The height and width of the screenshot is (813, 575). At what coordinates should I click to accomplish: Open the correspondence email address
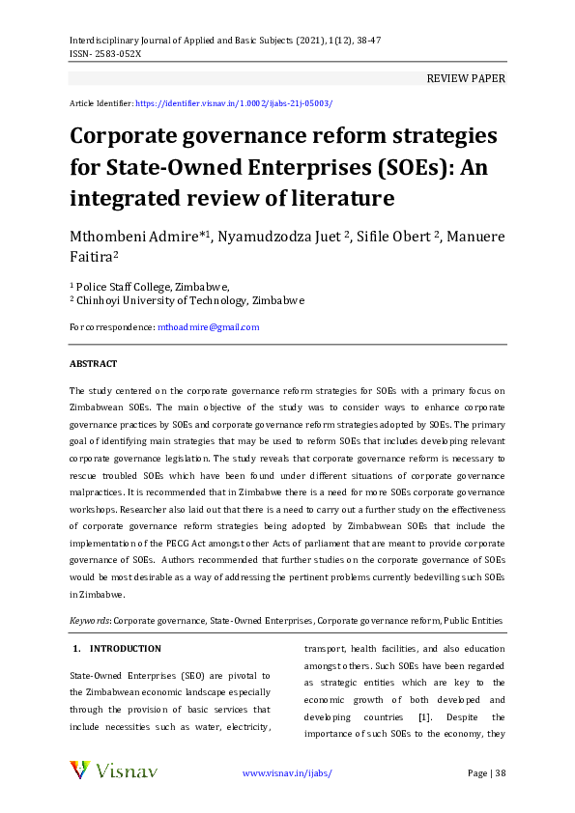point(208,327)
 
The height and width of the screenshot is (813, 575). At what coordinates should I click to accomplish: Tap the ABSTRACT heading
point(93,364)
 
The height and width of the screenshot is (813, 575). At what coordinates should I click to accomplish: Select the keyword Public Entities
point(474,620)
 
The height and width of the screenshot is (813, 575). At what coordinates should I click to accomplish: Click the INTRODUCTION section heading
point(125,649)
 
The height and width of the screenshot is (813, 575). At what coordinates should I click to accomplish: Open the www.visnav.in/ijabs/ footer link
point(286,773)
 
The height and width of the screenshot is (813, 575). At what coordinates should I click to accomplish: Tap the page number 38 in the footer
point(498,773)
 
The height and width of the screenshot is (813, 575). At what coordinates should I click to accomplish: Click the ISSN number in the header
point(105,54)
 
